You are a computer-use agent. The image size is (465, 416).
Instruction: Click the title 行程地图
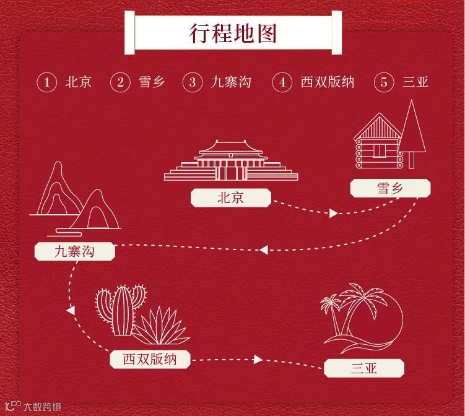pos(233,33)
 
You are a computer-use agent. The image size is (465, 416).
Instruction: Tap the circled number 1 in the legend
pos(46,82)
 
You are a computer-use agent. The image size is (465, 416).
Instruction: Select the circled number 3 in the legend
pos(193,82)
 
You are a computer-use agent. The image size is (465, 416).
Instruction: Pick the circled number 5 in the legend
pos(384,82)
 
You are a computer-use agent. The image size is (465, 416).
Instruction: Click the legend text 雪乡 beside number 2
pos(152,82)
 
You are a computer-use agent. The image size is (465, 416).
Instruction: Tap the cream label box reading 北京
pos(230,198)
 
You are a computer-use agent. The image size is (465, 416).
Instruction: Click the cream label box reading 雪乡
pos(389,188)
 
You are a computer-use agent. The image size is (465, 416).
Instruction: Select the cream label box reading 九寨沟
pos(74,251)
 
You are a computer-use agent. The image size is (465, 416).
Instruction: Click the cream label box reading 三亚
pos(364,369)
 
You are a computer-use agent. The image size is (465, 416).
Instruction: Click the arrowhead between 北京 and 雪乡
pos(334,213)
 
